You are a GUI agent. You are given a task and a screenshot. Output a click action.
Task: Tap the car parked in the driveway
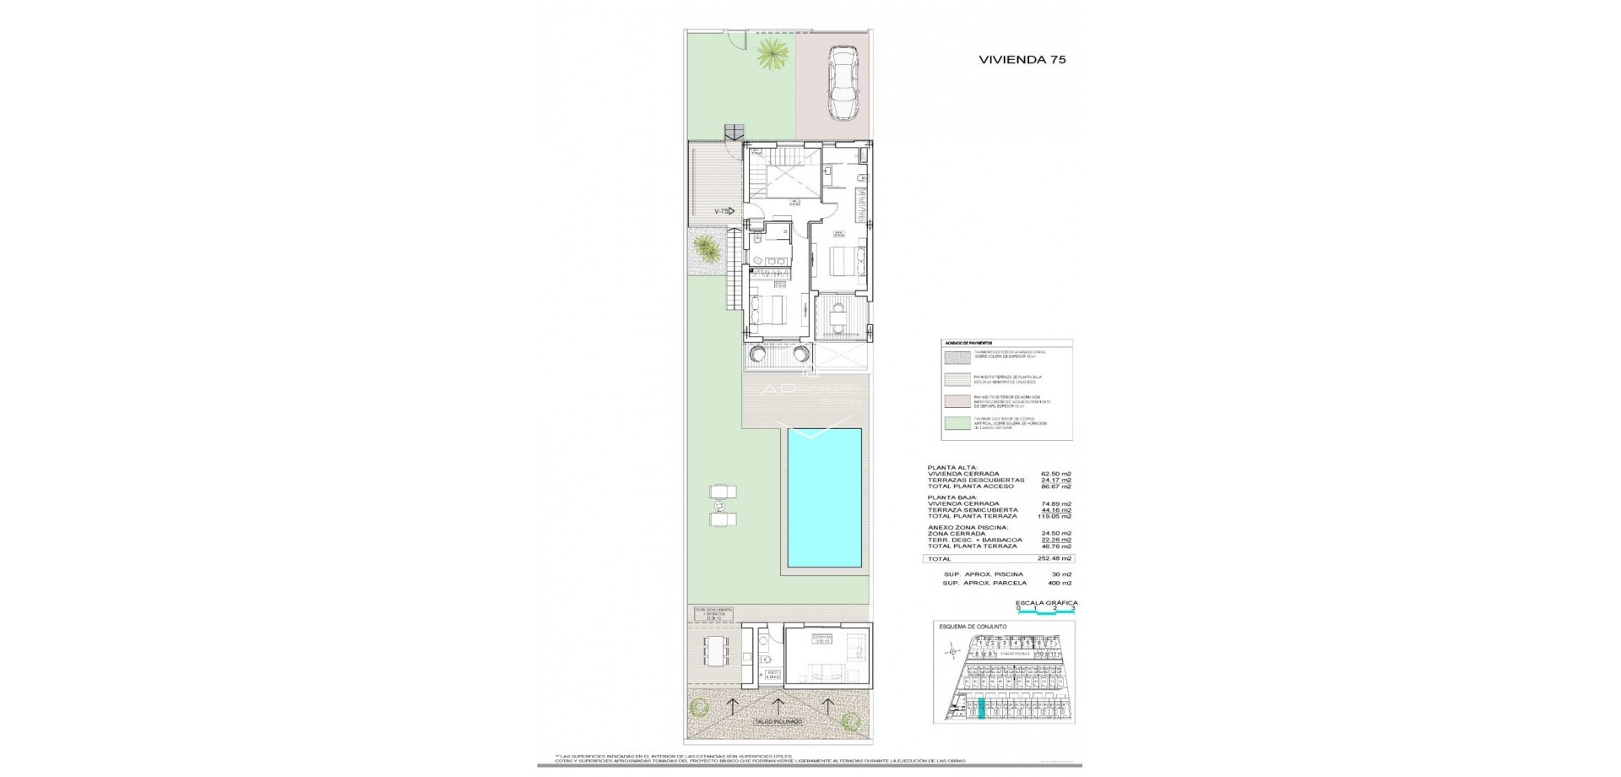[x=841, y=82]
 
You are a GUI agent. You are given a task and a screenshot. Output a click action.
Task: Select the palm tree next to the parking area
[x=771, y=56]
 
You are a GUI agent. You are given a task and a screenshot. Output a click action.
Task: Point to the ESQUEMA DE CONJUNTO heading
[x=973, y=627]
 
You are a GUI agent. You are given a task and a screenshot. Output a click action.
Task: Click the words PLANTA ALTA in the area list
[x=952, y=467]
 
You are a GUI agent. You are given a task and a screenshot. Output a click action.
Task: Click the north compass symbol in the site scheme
[x=952, y=650]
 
